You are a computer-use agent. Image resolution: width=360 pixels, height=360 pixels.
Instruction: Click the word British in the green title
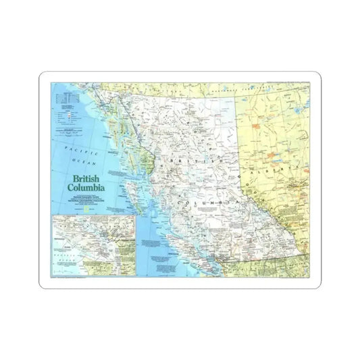(x=82, y=171)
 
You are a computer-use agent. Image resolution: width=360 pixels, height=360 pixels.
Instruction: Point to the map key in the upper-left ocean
(x=71, y=115)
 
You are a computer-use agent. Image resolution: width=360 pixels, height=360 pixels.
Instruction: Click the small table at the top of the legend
(x=68, y=99)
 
